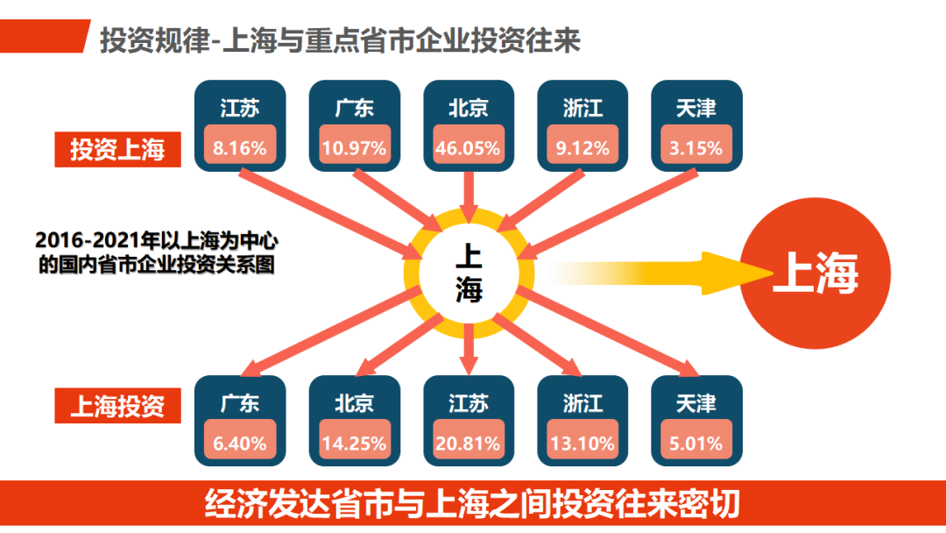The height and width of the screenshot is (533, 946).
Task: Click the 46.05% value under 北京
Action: (x=468, y=147)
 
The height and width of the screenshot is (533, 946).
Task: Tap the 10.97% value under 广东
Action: (x=354, y=147)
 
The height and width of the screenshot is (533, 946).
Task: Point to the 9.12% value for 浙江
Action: (x=582, y=147)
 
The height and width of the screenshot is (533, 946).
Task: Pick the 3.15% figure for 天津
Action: (x=696, y=147)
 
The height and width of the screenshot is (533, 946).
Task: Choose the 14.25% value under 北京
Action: (x=354, y=443)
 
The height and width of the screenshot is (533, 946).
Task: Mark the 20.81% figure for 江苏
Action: (x=468, y=443)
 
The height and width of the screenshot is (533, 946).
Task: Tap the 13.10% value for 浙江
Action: (x=582, y=443)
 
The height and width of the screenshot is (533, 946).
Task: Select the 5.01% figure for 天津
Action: (x=696, y=443)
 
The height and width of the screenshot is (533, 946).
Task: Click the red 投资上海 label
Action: (x=117, y=150)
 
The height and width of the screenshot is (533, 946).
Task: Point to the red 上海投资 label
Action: (x=117, y=407)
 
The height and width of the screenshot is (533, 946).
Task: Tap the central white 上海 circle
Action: (x=469, y=272)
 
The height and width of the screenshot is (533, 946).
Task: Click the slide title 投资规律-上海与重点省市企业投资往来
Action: (x=340, y=40)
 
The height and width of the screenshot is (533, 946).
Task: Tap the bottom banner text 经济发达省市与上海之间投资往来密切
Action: (x=473, y=505)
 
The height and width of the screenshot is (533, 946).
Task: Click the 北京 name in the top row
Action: (x=468, y=108)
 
